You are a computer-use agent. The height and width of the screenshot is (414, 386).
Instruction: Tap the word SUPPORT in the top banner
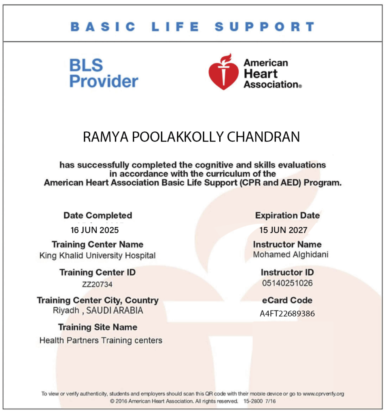[264, 27]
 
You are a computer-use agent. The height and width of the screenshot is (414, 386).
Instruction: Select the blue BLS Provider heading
[104, 73]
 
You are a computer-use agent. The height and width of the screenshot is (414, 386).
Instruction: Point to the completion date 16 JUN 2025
[95, 230]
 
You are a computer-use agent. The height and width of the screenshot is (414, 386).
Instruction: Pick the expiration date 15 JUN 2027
[283, 230]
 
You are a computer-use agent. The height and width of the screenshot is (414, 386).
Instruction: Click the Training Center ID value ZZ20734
[97, 285]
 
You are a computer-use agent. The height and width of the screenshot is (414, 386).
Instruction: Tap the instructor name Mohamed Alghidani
[291, 255]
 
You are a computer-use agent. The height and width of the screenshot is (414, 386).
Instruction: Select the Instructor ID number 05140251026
[287, 283]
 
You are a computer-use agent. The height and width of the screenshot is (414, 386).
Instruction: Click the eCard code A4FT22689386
[287, 314]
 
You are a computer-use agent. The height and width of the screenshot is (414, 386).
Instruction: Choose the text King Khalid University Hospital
[98, 256]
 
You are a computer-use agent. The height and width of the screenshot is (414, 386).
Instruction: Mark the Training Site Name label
[98, 327]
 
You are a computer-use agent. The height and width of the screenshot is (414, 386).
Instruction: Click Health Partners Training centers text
[101, 340]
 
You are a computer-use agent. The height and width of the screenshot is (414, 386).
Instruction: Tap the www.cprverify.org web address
[323, 393]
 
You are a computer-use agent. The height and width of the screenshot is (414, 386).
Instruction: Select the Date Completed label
[98, 215]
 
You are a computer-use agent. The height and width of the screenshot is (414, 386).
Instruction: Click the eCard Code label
[287, 300]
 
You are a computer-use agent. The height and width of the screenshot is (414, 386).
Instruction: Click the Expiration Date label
[287, 215]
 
